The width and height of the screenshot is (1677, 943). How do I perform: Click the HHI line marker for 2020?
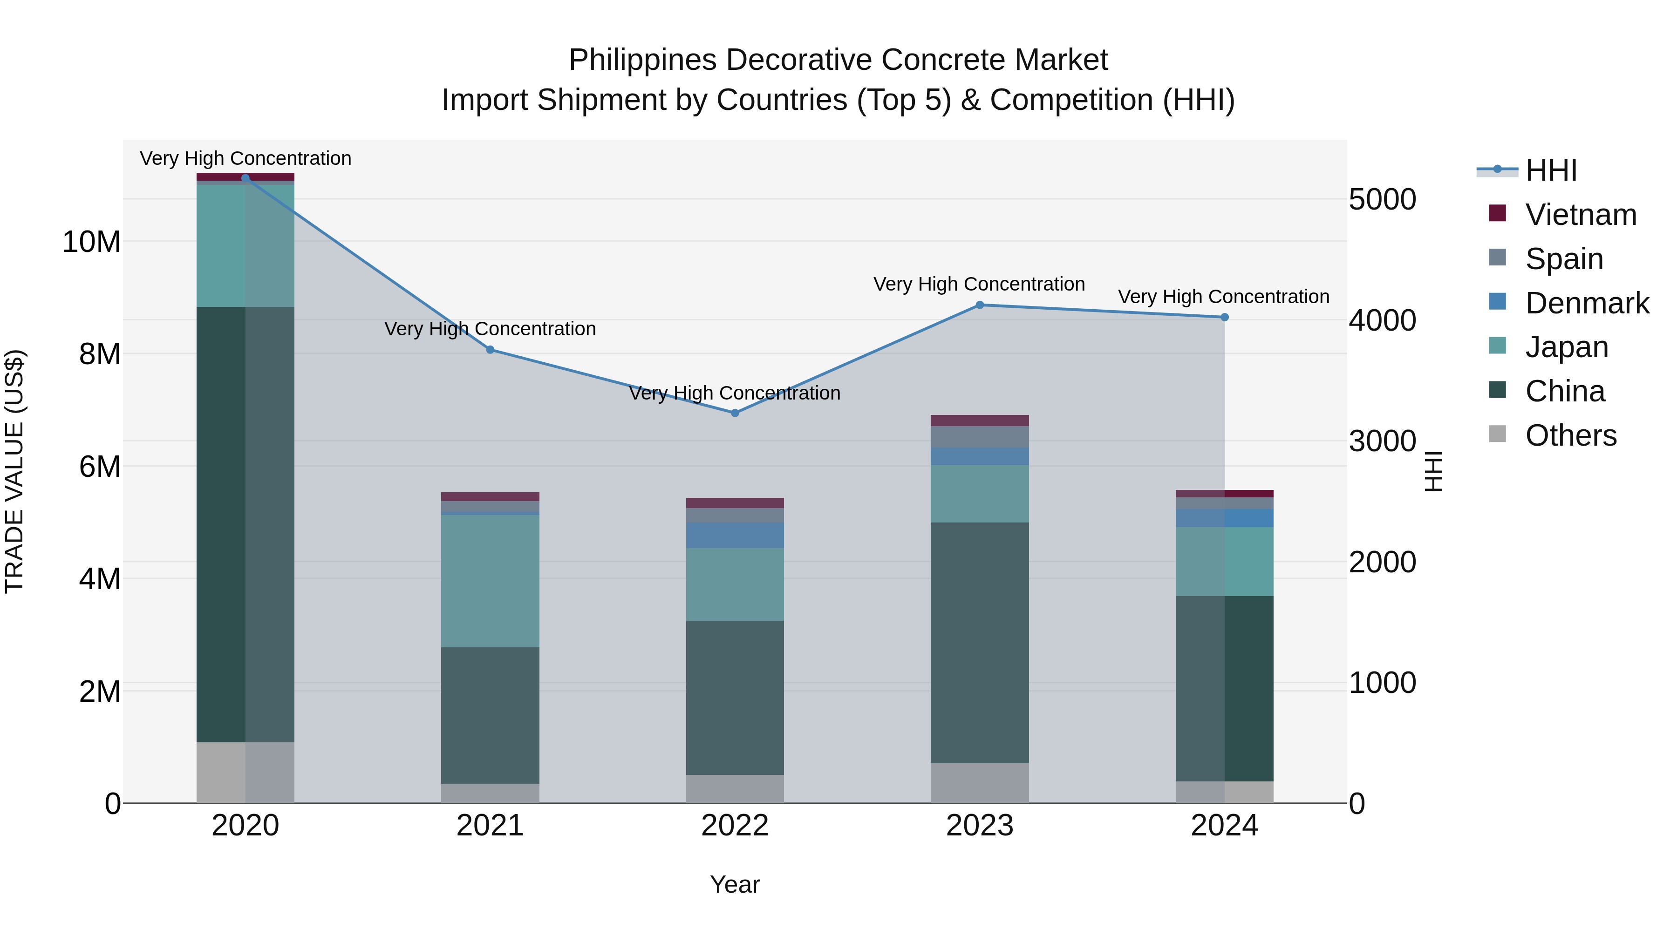[x=245, y=178]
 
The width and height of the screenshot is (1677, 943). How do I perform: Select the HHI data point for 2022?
[x=735, y=413]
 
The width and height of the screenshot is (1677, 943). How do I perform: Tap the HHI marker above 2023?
[x=980, y=305]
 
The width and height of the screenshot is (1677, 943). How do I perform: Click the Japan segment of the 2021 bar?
[x=490, y=581]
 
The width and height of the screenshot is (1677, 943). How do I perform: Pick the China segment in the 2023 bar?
[x=980, y=642]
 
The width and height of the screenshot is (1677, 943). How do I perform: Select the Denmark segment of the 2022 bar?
[x=735, y=535]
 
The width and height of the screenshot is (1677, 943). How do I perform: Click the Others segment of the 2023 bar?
[x=980, y=782]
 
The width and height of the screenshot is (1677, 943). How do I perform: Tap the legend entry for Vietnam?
[x=1581, y=215]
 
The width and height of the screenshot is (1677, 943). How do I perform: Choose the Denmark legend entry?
[x=1587, y=303]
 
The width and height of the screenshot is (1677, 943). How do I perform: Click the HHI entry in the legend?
[x=1551, y=170]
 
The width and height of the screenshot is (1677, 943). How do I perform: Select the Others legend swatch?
[x=1497, y=434]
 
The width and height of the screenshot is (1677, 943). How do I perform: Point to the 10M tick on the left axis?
[x=91, y=242]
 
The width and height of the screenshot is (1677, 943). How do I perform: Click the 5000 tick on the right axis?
[x=1382, y=199]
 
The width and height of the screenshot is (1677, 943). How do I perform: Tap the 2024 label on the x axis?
[x=1225, y=826]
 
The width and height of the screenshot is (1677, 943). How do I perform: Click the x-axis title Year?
[x=735, y=884]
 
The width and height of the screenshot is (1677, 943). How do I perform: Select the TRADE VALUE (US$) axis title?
[x=15, y=471]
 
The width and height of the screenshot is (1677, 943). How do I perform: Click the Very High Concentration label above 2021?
[x=490, y=329]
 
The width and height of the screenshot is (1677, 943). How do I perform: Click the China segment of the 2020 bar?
[x=245, y=524]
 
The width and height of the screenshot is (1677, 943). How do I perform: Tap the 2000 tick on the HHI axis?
[x=1382, y=562]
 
